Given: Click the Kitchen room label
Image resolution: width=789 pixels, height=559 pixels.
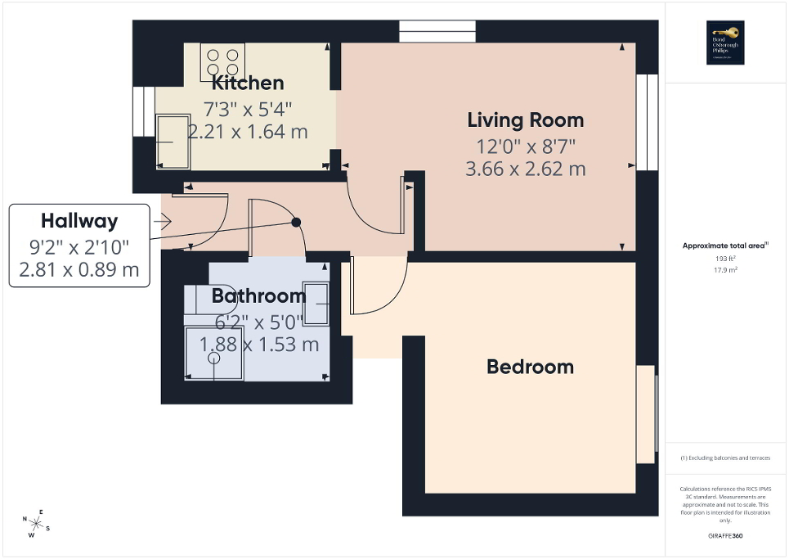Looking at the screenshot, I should pyautogui.click(x=248, y=83).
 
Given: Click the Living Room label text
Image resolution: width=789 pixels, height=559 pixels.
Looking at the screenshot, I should pyautogui.click(x=526, y=120).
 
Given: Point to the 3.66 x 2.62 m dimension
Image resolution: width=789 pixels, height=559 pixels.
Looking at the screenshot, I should pyautogui.click(x=526, y=169).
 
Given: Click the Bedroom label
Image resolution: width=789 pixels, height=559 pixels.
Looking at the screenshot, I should pyautogui.click(x=530, y=367).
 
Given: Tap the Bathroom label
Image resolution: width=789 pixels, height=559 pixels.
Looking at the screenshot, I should pyautogui.click(x=258, y=295).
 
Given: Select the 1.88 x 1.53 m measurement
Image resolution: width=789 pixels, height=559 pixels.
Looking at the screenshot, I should pyautogui.click(x=259, y=345).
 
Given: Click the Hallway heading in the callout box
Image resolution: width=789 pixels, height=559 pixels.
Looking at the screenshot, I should pyautogui.click(x=79, y=220).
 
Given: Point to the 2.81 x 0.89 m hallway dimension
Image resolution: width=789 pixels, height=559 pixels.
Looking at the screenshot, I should pyautogui.click(x=79, y=269).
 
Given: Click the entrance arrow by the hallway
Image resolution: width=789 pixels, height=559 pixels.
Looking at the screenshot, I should pyautogui.click(x=161, y=221).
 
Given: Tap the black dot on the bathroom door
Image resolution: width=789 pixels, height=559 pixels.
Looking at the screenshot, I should pyautogui.click(x=296, y=222).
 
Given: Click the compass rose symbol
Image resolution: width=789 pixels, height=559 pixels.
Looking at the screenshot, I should pyautogui.click(x=37, y=521).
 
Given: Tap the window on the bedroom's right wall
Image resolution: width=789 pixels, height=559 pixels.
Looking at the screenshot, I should pyautogui.click(x=647, y=417).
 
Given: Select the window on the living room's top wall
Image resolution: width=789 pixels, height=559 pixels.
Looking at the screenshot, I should pyautogui.click(x=437, y=31).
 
